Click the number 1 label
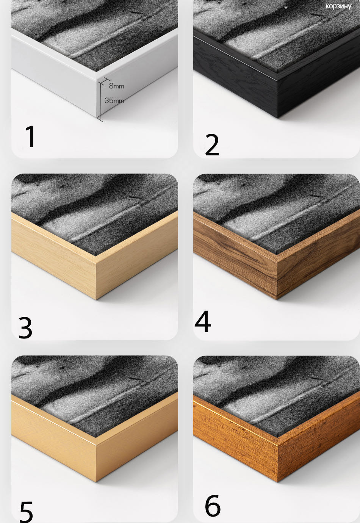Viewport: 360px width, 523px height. click(31, 136)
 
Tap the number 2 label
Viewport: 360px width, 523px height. click(212, 145)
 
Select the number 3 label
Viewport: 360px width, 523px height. click(25, 327)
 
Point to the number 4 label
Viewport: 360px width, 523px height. click(203, 321)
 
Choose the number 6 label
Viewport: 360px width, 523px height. click(213, 506)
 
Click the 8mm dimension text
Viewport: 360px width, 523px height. click(116, 86)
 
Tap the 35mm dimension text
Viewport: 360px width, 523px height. click(114, 101)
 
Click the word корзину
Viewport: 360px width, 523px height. click(338, 6)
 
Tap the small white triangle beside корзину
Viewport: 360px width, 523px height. click(286, 8)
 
